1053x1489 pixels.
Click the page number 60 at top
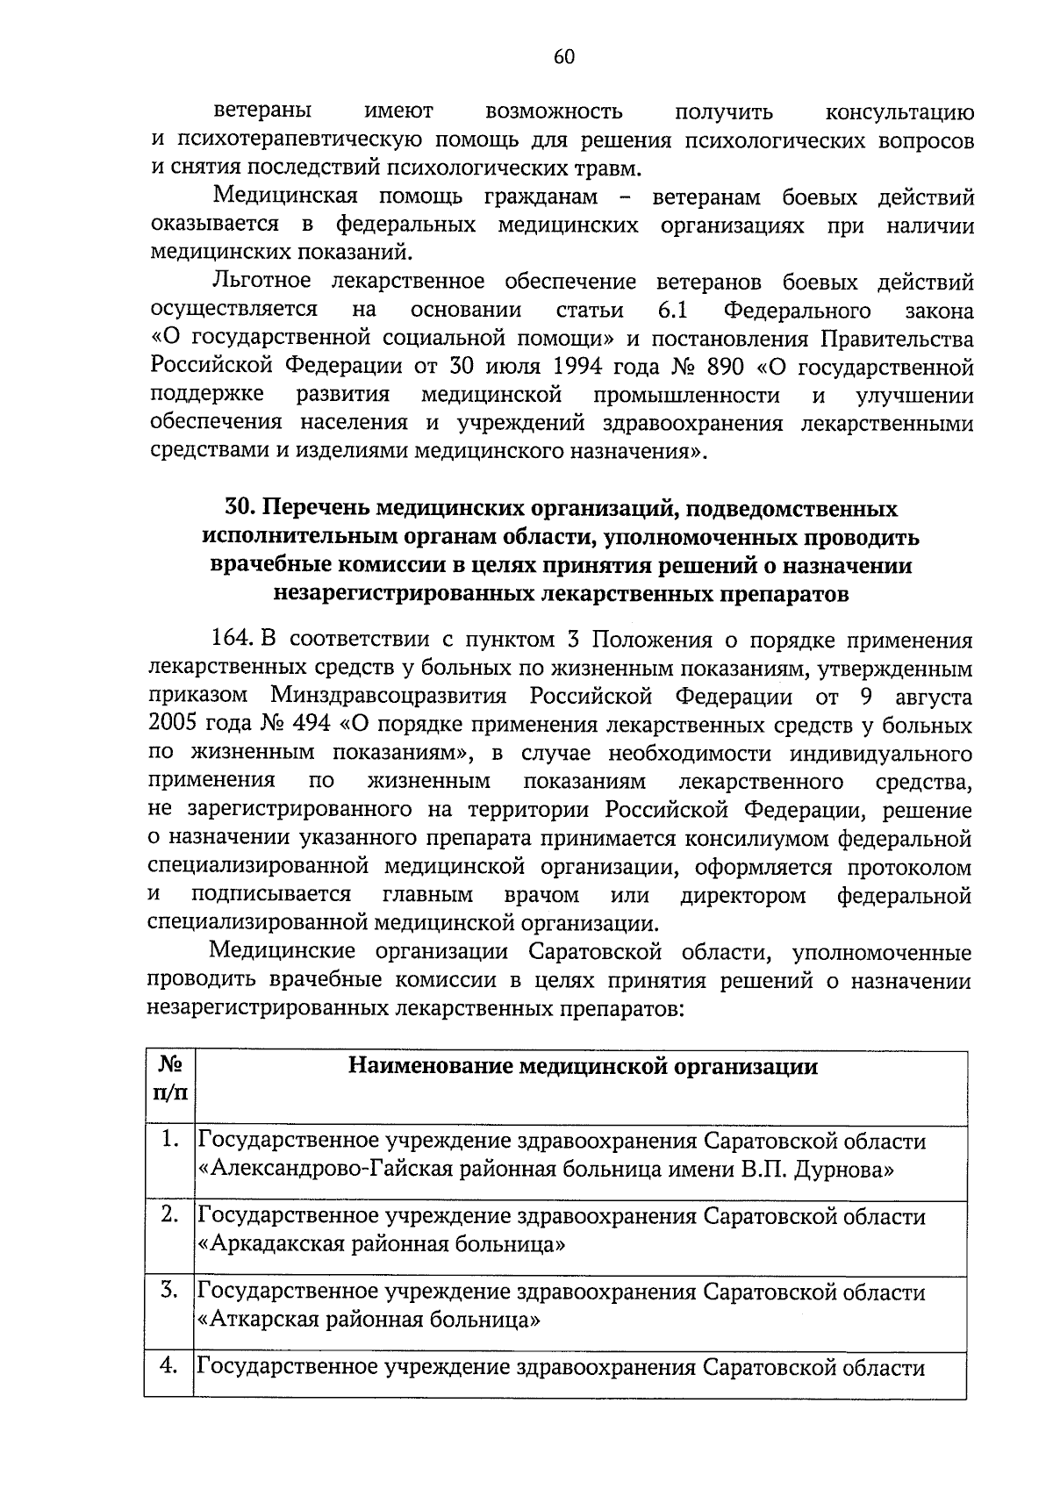point(564,57)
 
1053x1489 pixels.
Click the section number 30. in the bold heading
point(241,508)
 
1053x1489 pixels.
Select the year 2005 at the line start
point(175,725)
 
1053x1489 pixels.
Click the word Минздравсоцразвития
point(389,697)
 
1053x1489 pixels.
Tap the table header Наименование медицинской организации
point(583,1066)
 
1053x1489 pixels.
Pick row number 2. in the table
point(170,1214)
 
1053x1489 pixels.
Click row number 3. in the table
point(170,1290)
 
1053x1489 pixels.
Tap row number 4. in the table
point(170,1365)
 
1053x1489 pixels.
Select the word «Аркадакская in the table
point(261,1244)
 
